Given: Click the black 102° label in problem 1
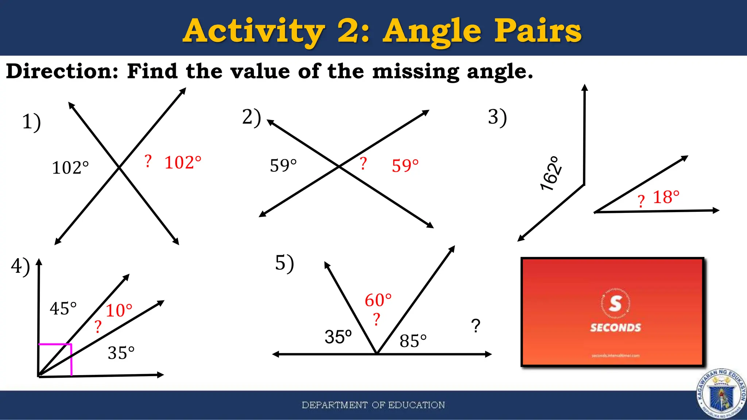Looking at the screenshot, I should (x=70, y=168).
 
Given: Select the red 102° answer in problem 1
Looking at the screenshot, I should (x=183, y=163).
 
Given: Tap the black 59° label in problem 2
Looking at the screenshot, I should (x=283, y=166).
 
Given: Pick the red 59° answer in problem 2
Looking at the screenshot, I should (x=405, y=166).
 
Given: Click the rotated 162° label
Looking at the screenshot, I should (x=551, y=174).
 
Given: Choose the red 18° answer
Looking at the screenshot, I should (x=666, y=197).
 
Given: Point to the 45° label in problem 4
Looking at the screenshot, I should (x=63, y=308).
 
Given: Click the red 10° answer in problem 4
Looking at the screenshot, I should (x=119, y=311).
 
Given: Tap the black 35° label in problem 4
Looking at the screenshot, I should (x=121, y=353).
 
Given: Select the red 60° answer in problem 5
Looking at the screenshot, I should (x=378, y=300).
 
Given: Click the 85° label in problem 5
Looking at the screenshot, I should (x=413, y=341).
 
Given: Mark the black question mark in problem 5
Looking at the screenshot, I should (x=476, y=326).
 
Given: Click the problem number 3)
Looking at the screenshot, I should (x=498, y=117).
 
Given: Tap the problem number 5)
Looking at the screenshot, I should (x=285, y=263).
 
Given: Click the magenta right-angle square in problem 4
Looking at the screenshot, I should (x=55, y=359).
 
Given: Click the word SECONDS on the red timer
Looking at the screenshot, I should (x=615, y=328).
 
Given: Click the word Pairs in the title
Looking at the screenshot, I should (x=537, y=31).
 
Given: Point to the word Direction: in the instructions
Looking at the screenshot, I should (x=62, y=71).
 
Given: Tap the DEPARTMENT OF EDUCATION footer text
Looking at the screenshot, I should (x=373, y=405).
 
